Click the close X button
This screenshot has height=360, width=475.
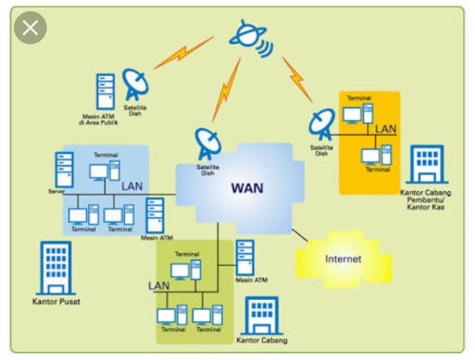coord(30,28)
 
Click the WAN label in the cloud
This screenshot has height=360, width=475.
coord(247,188)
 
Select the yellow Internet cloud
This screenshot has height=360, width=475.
coord(342,258)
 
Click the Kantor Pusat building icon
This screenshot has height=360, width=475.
coord(55,268)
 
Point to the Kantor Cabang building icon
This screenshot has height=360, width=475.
coord(261,316)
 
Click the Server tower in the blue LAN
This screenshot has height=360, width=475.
coord(64,169)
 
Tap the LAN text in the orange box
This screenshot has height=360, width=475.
coord(386,129)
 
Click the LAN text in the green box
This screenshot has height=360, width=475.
coord(159,285)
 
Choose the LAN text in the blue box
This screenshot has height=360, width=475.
coord(132,187)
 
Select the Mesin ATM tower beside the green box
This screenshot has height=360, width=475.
coord(245,258)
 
